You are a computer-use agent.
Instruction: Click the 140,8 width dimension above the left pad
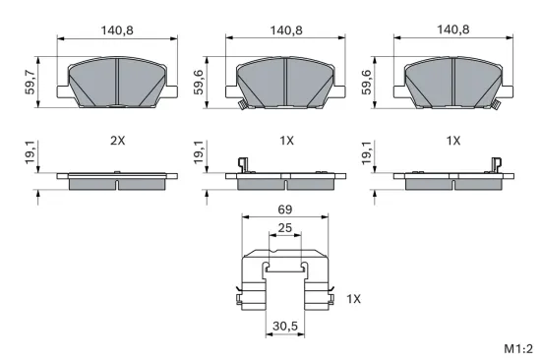point(118,30)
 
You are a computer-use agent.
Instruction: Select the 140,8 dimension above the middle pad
point(286,30)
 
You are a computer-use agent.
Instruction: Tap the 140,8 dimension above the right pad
point(453,30)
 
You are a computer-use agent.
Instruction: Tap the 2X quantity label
point(118,141)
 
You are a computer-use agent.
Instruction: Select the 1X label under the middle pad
point(286,141)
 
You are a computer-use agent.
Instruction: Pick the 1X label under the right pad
point(453,141)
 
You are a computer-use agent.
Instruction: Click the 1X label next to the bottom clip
point(355,298)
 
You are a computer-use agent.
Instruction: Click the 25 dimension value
point(285,228)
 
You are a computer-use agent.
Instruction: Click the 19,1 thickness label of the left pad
point(30,153)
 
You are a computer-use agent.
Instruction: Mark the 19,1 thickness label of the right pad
point(367,153)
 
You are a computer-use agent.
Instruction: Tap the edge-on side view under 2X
point(118,181)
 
